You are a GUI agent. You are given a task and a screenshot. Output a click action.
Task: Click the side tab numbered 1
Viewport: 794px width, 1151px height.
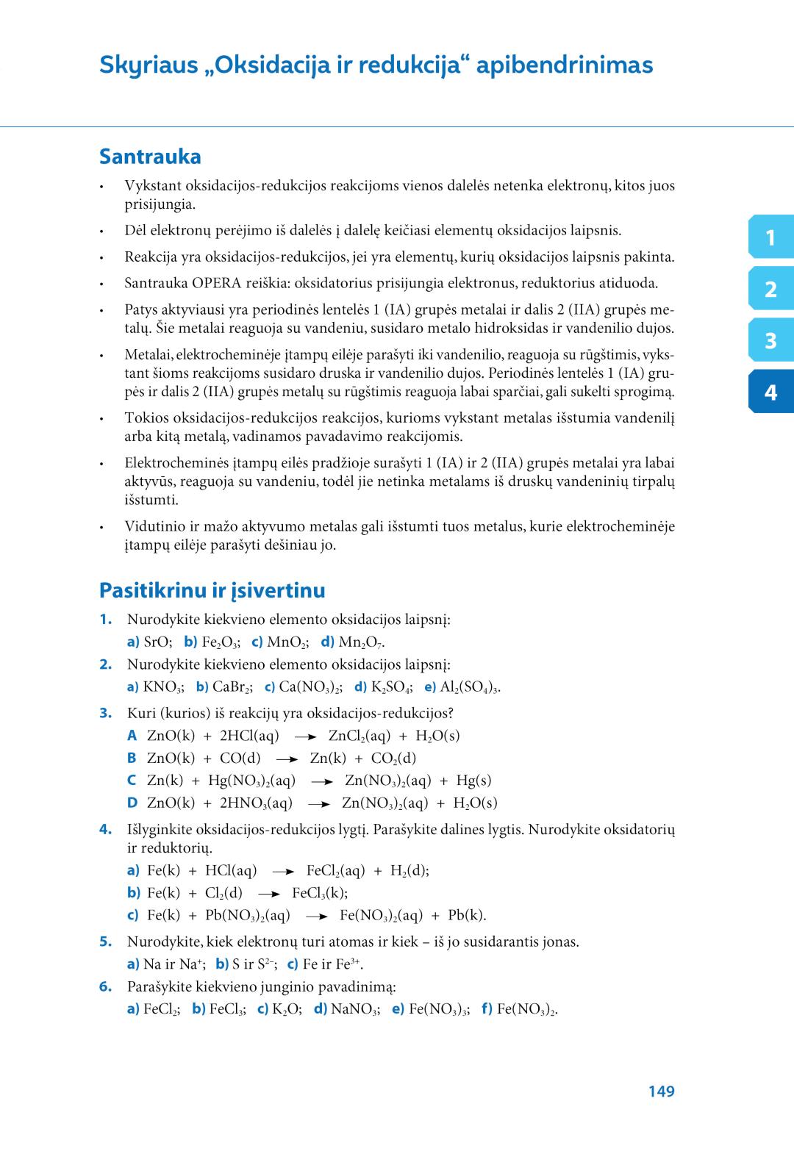tap(770, 237)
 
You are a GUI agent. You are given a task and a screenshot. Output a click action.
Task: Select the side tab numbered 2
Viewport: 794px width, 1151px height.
tap(770, 289)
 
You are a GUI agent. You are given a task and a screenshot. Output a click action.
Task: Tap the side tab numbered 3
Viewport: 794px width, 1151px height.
tap(770, 340)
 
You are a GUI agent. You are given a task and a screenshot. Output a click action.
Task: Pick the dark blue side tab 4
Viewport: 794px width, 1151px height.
tap(770, 392)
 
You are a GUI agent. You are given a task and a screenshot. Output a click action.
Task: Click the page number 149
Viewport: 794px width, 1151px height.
tap(661, 1091)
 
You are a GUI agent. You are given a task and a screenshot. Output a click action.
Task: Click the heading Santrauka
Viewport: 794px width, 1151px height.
tap(150, 157)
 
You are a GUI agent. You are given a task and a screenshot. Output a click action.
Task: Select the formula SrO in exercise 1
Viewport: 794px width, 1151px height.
tap(157, 642)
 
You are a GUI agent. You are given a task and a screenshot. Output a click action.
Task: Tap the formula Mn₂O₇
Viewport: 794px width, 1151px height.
tap(361, 642)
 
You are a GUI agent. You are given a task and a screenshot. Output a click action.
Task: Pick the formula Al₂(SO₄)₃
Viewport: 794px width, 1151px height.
tap(470, 687)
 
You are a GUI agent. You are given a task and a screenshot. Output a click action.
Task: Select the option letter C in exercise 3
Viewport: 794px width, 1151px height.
tap(132, 781)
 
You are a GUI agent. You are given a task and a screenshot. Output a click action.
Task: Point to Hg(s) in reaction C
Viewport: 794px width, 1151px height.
tap(473, 781)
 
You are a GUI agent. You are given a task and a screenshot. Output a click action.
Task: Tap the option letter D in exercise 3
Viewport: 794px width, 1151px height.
tap(132, 803)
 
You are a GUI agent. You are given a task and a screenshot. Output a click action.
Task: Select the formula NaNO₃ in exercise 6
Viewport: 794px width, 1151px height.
tap(355, 1009)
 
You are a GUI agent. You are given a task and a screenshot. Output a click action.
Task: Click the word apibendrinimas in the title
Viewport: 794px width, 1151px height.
tap(565, 65)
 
